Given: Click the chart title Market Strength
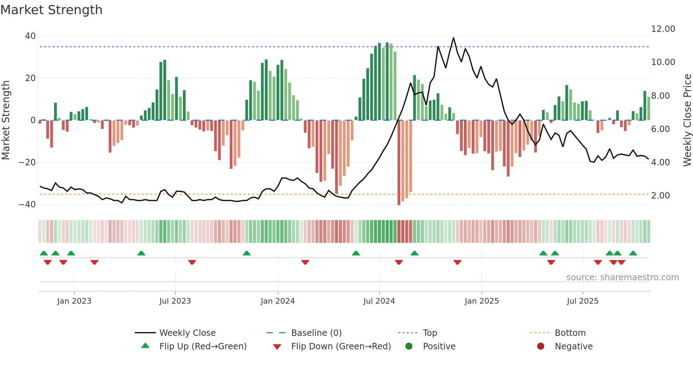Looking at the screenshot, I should coord(51,10).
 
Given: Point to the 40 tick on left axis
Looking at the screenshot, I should coord(30,36).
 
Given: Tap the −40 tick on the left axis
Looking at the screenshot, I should coord(27,205).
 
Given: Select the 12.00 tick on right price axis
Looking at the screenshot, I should coord(663,29).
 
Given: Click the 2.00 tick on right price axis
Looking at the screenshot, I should coord(660,196).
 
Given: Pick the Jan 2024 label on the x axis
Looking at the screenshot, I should coord(278,301).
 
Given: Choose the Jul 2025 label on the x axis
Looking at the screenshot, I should coord(582,301).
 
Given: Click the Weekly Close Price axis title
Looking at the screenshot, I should coord(687,120).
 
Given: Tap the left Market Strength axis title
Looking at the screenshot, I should coord(6,120).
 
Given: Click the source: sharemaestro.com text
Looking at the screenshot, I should coord(622,277).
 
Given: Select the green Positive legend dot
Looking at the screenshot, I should coord(409,346).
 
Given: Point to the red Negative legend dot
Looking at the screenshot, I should coord(541,346).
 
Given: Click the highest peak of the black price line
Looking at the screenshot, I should coord(453,38).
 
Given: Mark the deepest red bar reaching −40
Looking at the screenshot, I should coord(399,163).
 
